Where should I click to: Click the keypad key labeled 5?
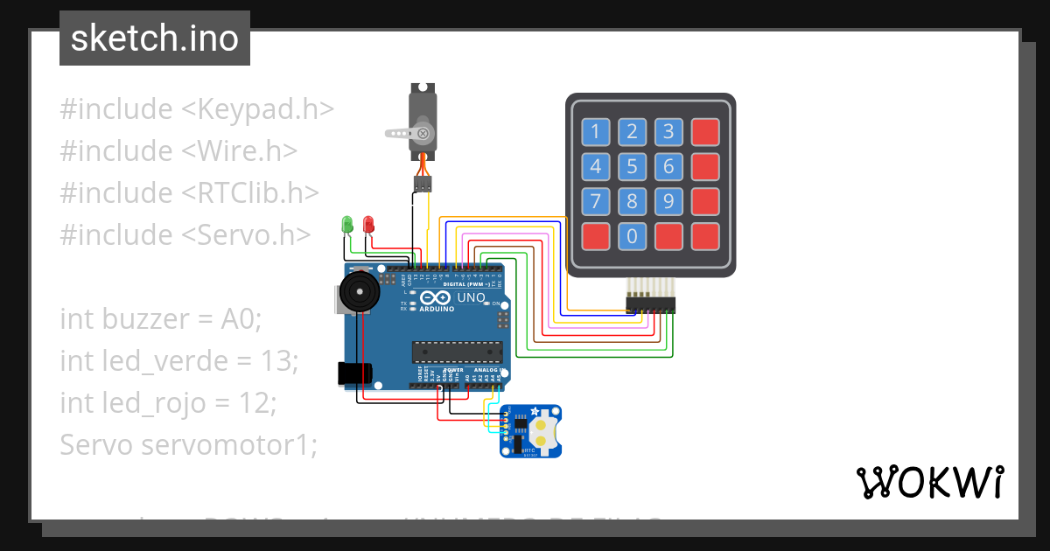point(632,166)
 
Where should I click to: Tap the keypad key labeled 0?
point(632,235)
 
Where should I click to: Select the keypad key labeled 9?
point(668,201)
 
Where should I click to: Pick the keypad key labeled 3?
point(668,132)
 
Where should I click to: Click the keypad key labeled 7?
point(596,201)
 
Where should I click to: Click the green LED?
point(347,224)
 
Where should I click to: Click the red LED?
point(368,224)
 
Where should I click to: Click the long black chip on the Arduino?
point(458,352)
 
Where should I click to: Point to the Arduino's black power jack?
point(354,373)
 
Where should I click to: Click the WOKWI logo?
point(929,482)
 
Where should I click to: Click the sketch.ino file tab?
point(155,38)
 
